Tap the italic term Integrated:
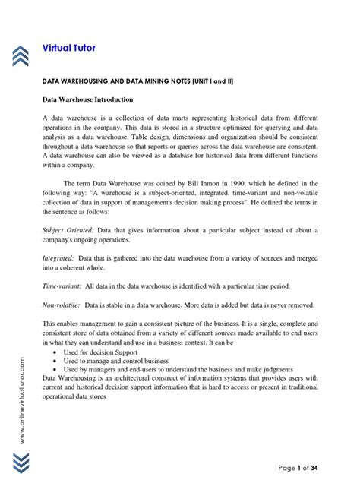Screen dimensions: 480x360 click(58, 258)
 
